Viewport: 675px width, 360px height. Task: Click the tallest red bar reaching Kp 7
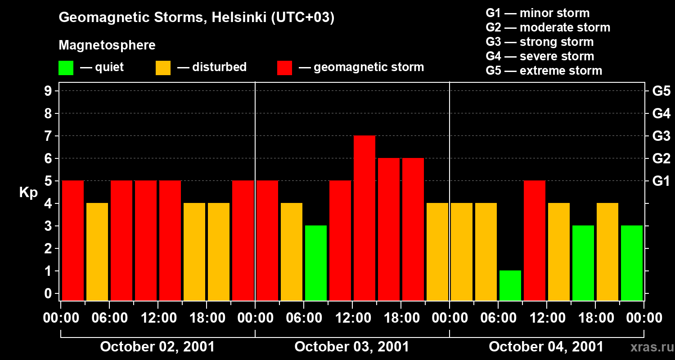pos(364,218)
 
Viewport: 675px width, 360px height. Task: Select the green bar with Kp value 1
pos(510,285)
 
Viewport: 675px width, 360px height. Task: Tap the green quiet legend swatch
pos(66,68)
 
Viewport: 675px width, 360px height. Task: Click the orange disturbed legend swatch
pos(163,68)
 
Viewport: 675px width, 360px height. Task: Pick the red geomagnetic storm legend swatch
pos(284,68)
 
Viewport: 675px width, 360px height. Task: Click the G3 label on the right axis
pos(661,136)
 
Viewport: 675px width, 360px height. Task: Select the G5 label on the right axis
pos(661,91)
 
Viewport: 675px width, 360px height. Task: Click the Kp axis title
pos(28,193)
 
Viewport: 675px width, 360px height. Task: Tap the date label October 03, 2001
pos(351,347)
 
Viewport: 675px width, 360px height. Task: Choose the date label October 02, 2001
pos(157,347)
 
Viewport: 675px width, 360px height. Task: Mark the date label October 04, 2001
pos(546,347)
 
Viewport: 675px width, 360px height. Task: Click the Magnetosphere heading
pos(107,45)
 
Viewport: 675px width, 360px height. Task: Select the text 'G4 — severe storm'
pos(540,56)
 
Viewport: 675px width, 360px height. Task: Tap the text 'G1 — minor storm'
pos(537,13)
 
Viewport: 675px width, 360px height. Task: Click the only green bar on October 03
pos(316,263)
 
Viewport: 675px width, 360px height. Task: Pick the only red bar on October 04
pos(535,240)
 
